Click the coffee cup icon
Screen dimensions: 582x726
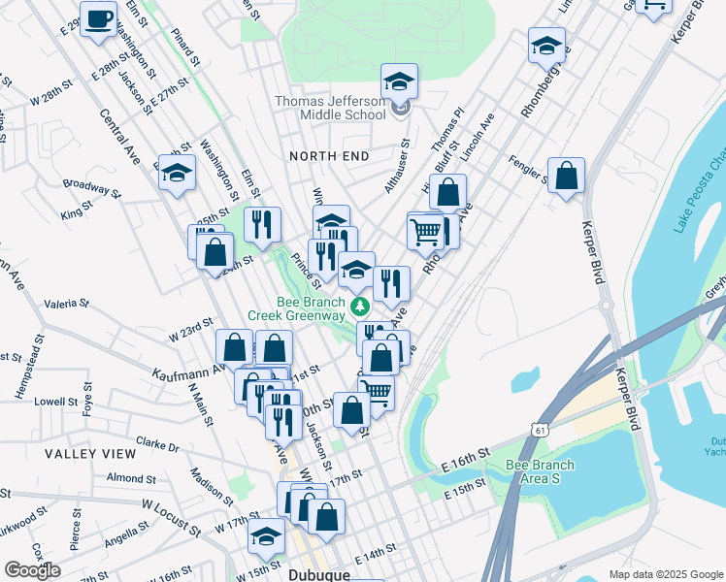click(x=98, y=20)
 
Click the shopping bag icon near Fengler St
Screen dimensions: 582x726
click(x=567, y=177)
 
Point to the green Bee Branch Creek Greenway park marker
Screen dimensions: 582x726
click(x=360, y=307)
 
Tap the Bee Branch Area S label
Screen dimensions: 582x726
click(x=540, y=471)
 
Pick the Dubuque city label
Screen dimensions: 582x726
click(x=319, y=573)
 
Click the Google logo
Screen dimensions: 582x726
click(x=32, y=570)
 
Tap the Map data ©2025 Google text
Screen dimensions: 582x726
click(x=666, y=574)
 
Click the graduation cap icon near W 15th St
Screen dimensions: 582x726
click(x=267, y=534)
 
